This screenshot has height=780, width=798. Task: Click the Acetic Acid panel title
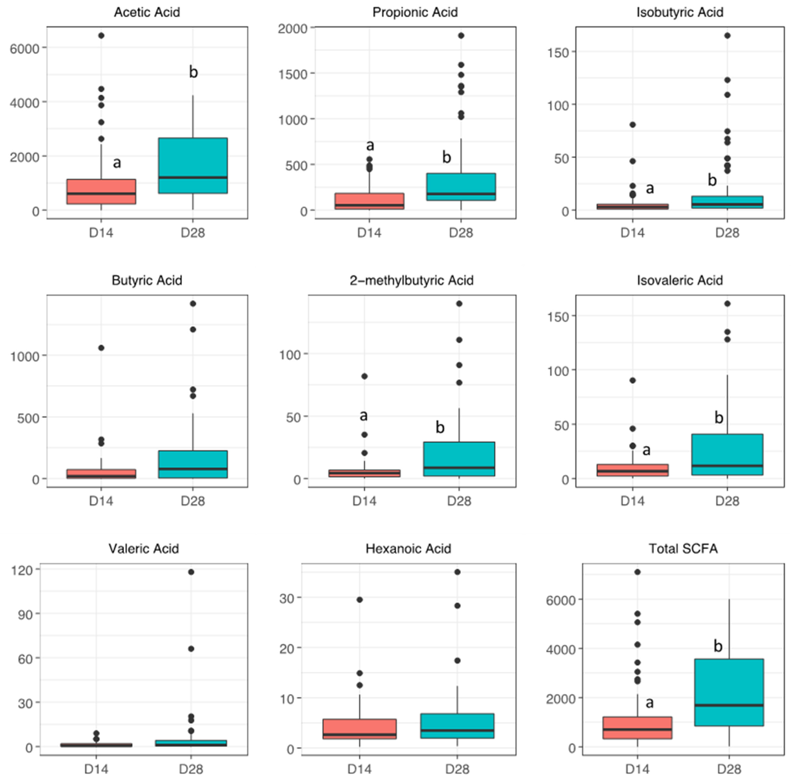[147, 12]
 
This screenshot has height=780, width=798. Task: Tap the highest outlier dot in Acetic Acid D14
[101, 36]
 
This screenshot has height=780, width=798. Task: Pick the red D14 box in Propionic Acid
[369, 201]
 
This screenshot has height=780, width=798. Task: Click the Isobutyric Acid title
[680, 12]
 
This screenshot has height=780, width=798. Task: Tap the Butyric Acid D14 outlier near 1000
[101, 348]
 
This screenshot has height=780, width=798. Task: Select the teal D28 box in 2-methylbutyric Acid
[459, 459]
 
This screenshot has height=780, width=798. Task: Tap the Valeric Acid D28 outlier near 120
[191, 572]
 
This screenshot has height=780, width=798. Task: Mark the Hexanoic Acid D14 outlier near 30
[359, 600]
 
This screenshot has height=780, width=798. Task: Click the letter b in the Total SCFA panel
[718, 646]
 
